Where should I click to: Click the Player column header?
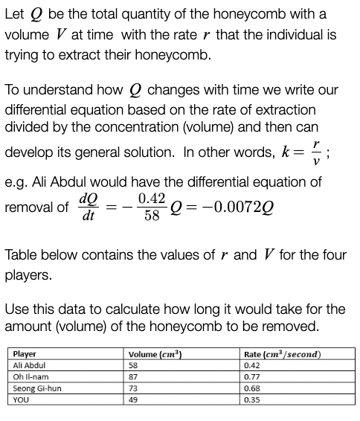point(25,354)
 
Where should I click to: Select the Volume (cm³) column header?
point(152,354)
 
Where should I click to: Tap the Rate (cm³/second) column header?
point(282,354)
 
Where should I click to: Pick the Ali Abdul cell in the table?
point(30,365)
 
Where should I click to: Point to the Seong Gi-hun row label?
point(36,388)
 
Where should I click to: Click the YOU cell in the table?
point(21,399)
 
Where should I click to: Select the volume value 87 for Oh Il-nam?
point(133,376)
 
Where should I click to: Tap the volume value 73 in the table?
point(133,388)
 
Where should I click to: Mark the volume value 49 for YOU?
point(133,399)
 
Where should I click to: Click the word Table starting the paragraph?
point(22,255)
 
